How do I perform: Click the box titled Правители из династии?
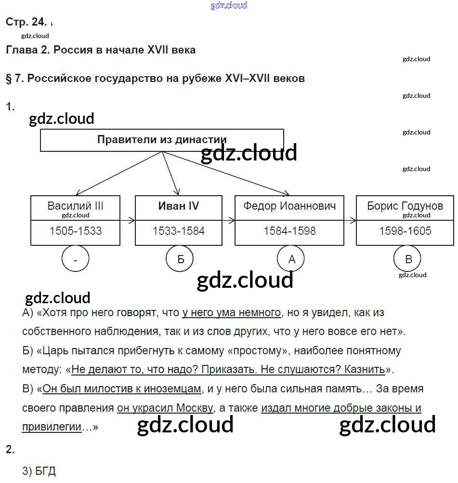162,140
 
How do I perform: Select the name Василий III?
76,206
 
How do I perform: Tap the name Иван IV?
179,206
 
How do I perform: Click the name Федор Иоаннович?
289,206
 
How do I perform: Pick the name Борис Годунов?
405,206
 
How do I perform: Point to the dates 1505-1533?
76,231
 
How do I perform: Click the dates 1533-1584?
179,231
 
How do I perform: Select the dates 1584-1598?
289,231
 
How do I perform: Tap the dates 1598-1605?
405,231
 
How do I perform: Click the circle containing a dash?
76,260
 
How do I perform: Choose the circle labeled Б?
181,259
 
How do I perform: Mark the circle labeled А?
291,259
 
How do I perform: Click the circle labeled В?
408,259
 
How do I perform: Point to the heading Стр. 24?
26,22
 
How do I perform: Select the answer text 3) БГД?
39,471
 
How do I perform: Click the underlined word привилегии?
52,427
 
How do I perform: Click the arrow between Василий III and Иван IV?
128,220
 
